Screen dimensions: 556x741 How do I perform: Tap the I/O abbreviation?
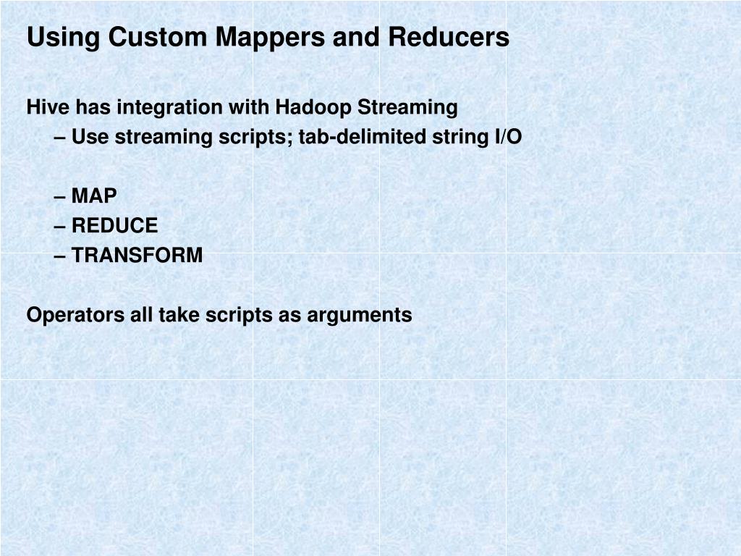point(508,137)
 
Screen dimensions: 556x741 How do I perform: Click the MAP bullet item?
point(93,196)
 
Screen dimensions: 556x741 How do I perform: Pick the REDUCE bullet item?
point(114,226)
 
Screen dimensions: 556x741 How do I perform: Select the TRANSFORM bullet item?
point(137,256)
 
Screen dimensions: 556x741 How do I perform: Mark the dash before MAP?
point(60,196)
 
